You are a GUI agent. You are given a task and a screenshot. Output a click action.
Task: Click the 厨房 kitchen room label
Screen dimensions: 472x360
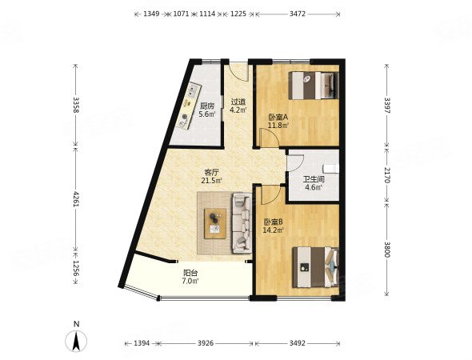[207, 106]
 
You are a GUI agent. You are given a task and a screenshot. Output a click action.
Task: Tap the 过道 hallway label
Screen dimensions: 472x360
[238, 102]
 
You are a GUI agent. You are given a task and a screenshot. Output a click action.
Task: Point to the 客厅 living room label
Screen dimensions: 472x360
[212, 173]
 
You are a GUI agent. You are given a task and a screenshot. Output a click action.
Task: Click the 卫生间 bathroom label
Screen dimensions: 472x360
[314, 180]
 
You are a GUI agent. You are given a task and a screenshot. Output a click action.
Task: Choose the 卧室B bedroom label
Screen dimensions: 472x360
[273, 222]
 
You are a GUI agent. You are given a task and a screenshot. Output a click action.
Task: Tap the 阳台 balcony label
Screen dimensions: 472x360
[190, 274]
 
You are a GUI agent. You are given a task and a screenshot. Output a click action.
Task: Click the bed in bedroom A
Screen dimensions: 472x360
[314, 85]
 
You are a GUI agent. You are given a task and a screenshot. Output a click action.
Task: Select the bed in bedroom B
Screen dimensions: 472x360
[315, 267]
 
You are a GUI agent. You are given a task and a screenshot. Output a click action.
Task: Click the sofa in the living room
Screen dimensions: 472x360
[242, 223]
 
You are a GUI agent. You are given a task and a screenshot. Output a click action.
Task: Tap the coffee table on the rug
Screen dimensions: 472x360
[215, 224]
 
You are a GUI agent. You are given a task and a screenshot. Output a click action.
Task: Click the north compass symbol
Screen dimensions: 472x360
[77, 341]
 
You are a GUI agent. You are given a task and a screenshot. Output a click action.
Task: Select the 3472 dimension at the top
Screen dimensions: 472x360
[298, 14]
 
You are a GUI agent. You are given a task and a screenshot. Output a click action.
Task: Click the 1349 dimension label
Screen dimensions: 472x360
[151, 14]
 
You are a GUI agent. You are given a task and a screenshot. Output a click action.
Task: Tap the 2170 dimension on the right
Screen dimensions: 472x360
[387, 175]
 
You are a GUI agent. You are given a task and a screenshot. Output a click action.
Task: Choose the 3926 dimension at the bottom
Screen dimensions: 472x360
[206, 343]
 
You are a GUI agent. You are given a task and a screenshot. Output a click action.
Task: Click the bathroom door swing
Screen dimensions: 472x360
[295, 163]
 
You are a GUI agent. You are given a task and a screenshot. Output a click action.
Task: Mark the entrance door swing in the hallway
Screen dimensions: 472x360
[238, 71]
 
